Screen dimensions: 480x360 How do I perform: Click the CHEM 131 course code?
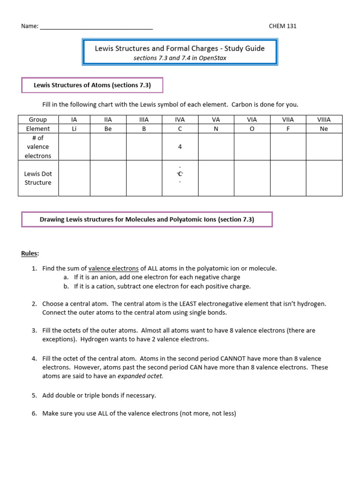[282, 26]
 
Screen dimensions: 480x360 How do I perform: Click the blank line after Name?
[96, 27]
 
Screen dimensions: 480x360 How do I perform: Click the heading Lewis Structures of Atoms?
[92, 85]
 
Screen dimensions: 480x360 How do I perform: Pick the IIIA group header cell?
[144, 120]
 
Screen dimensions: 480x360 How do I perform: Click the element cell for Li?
[74, 129]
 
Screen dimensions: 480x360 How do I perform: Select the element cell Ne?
[324, 129]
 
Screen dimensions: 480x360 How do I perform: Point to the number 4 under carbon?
[180, 147]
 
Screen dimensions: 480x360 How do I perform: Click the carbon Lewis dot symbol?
[180, 174]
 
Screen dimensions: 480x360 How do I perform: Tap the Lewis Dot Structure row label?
[38, 178]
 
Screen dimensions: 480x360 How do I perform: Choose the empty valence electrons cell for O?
[252, 147]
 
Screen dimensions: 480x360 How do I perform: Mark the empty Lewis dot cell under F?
[288, 178]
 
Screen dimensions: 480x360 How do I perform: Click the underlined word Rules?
[30, 254]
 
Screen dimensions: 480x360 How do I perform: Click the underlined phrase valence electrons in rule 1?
[113, 269]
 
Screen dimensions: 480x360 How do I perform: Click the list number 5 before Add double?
[34, 396]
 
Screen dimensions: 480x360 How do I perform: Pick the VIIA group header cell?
[288, 120]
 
